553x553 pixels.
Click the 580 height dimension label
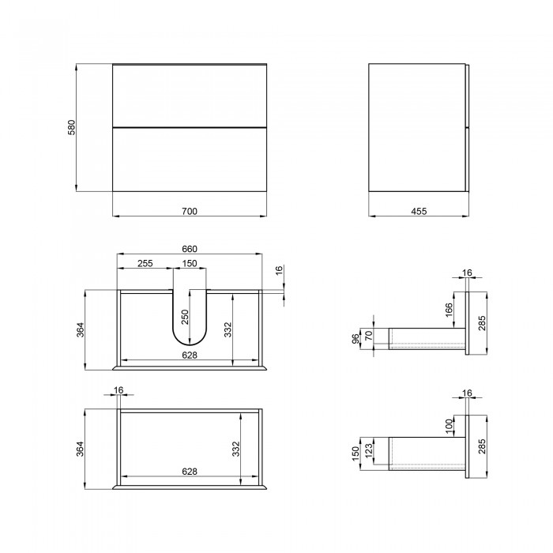pos(72,128)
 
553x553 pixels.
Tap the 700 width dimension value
pos(190,211)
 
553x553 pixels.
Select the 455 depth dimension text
pos(419,211)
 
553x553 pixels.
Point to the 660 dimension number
pos(190,249)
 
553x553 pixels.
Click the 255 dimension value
pos(145,263)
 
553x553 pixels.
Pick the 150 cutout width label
pos(190,263)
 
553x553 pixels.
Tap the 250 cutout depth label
pos(185,317)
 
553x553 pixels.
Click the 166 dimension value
pos(449,310)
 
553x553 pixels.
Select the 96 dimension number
pos(355,339)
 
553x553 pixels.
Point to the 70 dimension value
pos(369,336)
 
